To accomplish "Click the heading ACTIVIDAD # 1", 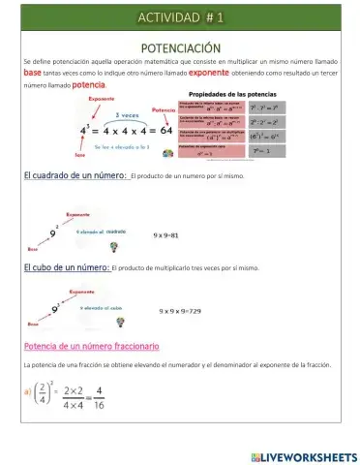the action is (x=180, y=17).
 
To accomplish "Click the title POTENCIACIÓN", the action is (x=180, y=47).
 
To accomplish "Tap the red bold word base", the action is (x=32, y=73).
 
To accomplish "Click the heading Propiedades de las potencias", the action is (x=228, y=94).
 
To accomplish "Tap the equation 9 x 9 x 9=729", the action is (x=180, y=311).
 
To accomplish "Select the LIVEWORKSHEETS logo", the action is (x=302, y=456).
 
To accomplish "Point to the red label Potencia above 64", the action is (x=165, y=110).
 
